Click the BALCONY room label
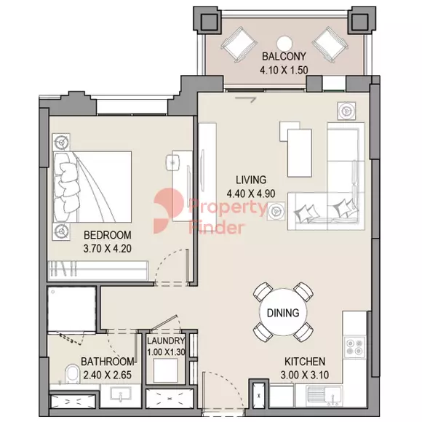click(284, 56)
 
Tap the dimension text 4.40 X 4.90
click(251, 194)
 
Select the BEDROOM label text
click(108, 235)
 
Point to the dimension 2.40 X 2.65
click(108, 375)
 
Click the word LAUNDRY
click(166, 341)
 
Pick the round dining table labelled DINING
click(283, 312)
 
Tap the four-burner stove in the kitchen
click(354, 346)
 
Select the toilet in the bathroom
click(72, 374)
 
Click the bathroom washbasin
click(121, 395)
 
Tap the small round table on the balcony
click(284, 43)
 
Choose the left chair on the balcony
click(239, 44)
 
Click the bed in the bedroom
click(92, 187)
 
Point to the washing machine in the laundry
click(165, 370)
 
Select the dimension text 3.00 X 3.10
click(305, 375)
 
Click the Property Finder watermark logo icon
click(169, 211)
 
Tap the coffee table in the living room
click(300, 153)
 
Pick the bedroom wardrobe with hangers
click(98, 270)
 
